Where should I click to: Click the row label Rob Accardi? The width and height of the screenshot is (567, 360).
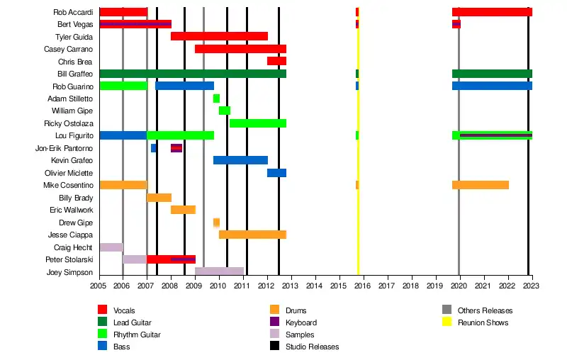[x=73, y=12]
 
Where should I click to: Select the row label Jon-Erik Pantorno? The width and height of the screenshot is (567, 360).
[x=64, y=148]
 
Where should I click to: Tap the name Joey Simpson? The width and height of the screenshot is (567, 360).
[x=69, y=272]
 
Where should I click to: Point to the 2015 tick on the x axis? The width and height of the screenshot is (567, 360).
[x=339, y=286]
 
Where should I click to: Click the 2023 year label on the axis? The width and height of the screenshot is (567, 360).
[x=532, y=286]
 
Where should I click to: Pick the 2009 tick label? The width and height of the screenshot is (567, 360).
[x=195, y=286]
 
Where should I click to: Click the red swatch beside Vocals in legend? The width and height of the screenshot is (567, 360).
[x=102, y=310]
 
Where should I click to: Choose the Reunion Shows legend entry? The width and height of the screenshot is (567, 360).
[x=483, y=322]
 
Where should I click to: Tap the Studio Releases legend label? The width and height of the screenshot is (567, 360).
[x=312, y=347]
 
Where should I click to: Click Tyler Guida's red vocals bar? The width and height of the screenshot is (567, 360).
[x=219, y=36]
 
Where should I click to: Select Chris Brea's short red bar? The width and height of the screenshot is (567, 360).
[x=276, y=61]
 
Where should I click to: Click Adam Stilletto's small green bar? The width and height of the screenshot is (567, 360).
[x=216, y=99]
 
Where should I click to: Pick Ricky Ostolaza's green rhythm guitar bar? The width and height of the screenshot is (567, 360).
[x=258, y=123]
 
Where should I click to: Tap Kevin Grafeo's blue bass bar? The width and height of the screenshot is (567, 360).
[x=240, y=160]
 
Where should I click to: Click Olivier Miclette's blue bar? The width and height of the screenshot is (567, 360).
[x=276, y=173]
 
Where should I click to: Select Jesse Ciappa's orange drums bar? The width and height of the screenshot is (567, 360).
[x=252, y=235]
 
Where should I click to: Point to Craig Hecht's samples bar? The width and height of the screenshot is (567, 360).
[x=111, y=247]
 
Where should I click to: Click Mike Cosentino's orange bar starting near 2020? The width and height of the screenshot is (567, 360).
[x=481, y=185]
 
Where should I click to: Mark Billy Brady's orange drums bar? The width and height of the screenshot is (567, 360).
[x=159, y=198]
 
